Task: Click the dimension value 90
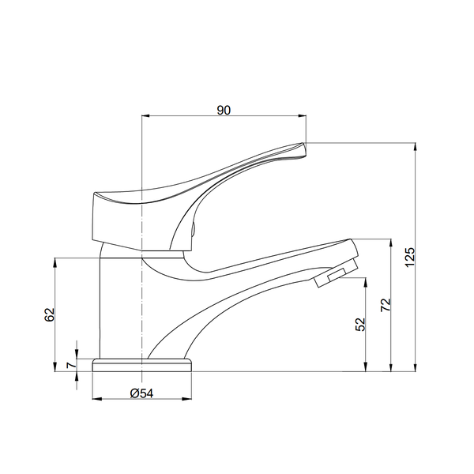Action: [x=224, y=111]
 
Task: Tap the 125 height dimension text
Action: [x=410, y=257]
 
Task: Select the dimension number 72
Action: [x=386, y=305]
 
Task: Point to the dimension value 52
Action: [x=360, y=325]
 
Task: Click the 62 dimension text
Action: [x=49, y=314]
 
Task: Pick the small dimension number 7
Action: [x=71, y=365]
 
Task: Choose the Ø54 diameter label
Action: [x=141, y=393]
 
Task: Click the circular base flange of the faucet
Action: [x=141, y=365]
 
